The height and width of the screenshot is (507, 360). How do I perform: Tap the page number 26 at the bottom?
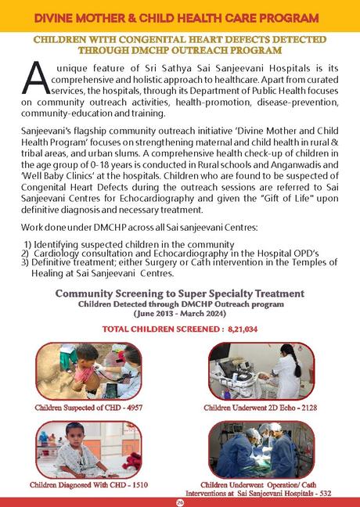[180, 501]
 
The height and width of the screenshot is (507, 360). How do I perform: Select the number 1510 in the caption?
[139, 485]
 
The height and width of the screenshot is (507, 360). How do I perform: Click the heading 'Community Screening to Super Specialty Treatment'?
[179, 293]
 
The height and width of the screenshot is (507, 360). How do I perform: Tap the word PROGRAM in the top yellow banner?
[286, 16]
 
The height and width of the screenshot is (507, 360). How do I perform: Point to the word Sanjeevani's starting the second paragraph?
[48, 147]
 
